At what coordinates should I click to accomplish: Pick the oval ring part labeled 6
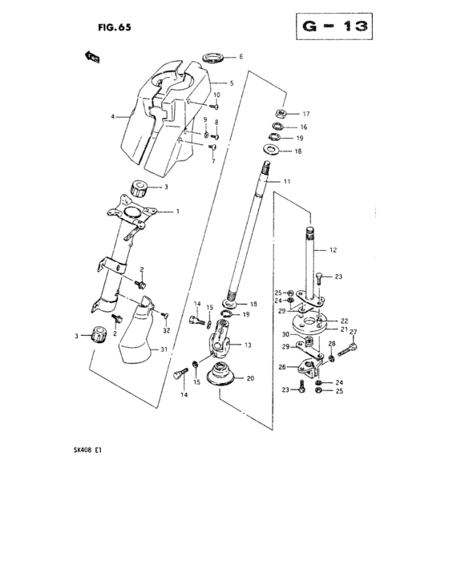click(x=213, y=56)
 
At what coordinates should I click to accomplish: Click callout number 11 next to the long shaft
click(x=286, y=183)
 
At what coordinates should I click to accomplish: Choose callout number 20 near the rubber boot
click(x=250, y=377)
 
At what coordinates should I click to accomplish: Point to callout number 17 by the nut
click(x=305, y=114)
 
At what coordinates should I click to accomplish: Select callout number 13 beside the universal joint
click(x=246, y=345)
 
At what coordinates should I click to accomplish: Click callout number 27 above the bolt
click(x=352, y=333)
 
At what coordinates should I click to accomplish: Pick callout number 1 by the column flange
click(x=177, y=212)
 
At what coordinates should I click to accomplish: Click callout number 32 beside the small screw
click(x=167, y=330)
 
